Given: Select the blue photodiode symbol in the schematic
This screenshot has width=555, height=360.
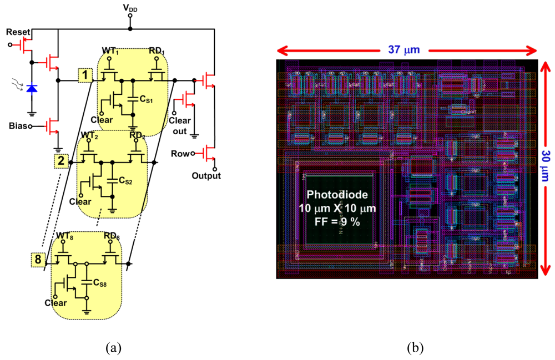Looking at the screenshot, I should pos(32,88).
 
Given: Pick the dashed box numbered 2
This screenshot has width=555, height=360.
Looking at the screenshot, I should pos(62,161).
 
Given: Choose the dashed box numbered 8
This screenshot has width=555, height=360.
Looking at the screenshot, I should pos(38,258).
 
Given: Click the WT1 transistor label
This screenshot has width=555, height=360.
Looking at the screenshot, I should pos(110,51).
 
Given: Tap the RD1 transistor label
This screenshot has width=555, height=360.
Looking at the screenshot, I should pos(157,51).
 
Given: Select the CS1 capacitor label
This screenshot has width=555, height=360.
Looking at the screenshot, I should pos(147,99).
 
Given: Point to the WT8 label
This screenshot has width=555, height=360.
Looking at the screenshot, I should pos(65,235).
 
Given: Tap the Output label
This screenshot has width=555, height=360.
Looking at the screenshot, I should pos(206,176).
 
